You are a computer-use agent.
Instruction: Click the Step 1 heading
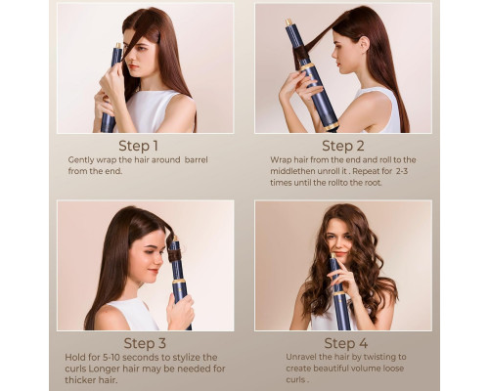(x=138, y=146)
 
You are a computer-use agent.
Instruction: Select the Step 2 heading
(x=343, y=146)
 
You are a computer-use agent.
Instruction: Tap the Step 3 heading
(x=145, y=343)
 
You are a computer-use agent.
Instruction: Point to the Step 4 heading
(x=346, y=343)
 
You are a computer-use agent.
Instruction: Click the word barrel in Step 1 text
(x=197, y=160)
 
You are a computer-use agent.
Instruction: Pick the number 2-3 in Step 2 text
(x=402, y=171)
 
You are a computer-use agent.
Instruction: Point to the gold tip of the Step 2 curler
(x=289, y=22)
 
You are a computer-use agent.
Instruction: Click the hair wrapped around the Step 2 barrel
(x=301, y=53)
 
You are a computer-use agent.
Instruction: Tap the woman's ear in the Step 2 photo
(x=365, y=44)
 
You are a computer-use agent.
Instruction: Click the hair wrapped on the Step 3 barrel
(x=175, y=254)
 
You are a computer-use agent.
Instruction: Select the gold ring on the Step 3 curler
(x=179, y=281)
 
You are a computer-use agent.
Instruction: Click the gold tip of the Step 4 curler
(x=333, y=256)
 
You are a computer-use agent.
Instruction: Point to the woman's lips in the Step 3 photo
(x=154, y=271)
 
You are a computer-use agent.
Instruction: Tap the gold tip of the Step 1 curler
(x=119, y=46)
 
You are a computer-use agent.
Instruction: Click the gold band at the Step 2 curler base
(x=332, y=127)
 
